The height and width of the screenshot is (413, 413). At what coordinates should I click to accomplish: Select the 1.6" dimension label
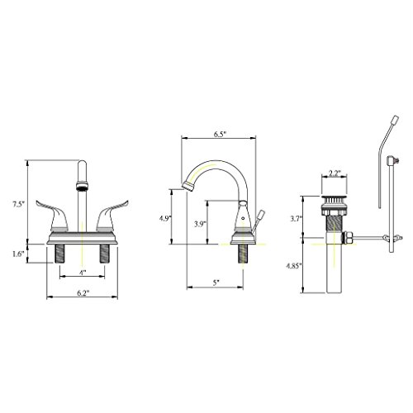[x=19, y=254]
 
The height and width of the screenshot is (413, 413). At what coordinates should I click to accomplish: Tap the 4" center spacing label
[x=83, y=273]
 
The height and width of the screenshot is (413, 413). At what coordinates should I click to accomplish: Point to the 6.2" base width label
[x=82, y=293]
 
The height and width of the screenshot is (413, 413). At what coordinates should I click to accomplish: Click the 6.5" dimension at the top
[x=220, y=134]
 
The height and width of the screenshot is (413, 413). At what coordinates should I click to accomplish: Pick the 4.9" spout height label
[x=165, y=219]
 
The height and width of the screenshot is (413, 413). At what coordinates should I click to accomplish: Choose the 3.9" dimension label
[x=199, y=224]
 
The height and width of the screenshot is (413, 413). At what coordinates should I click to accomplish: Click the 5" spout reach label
[x=216, y=282]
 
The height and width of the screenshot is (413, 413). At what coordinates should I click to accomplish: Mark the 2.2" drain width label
[x=335, y=173]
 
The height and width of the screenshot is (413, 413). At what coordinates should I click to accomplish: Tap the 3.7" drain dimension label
[x=297, y=219]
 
